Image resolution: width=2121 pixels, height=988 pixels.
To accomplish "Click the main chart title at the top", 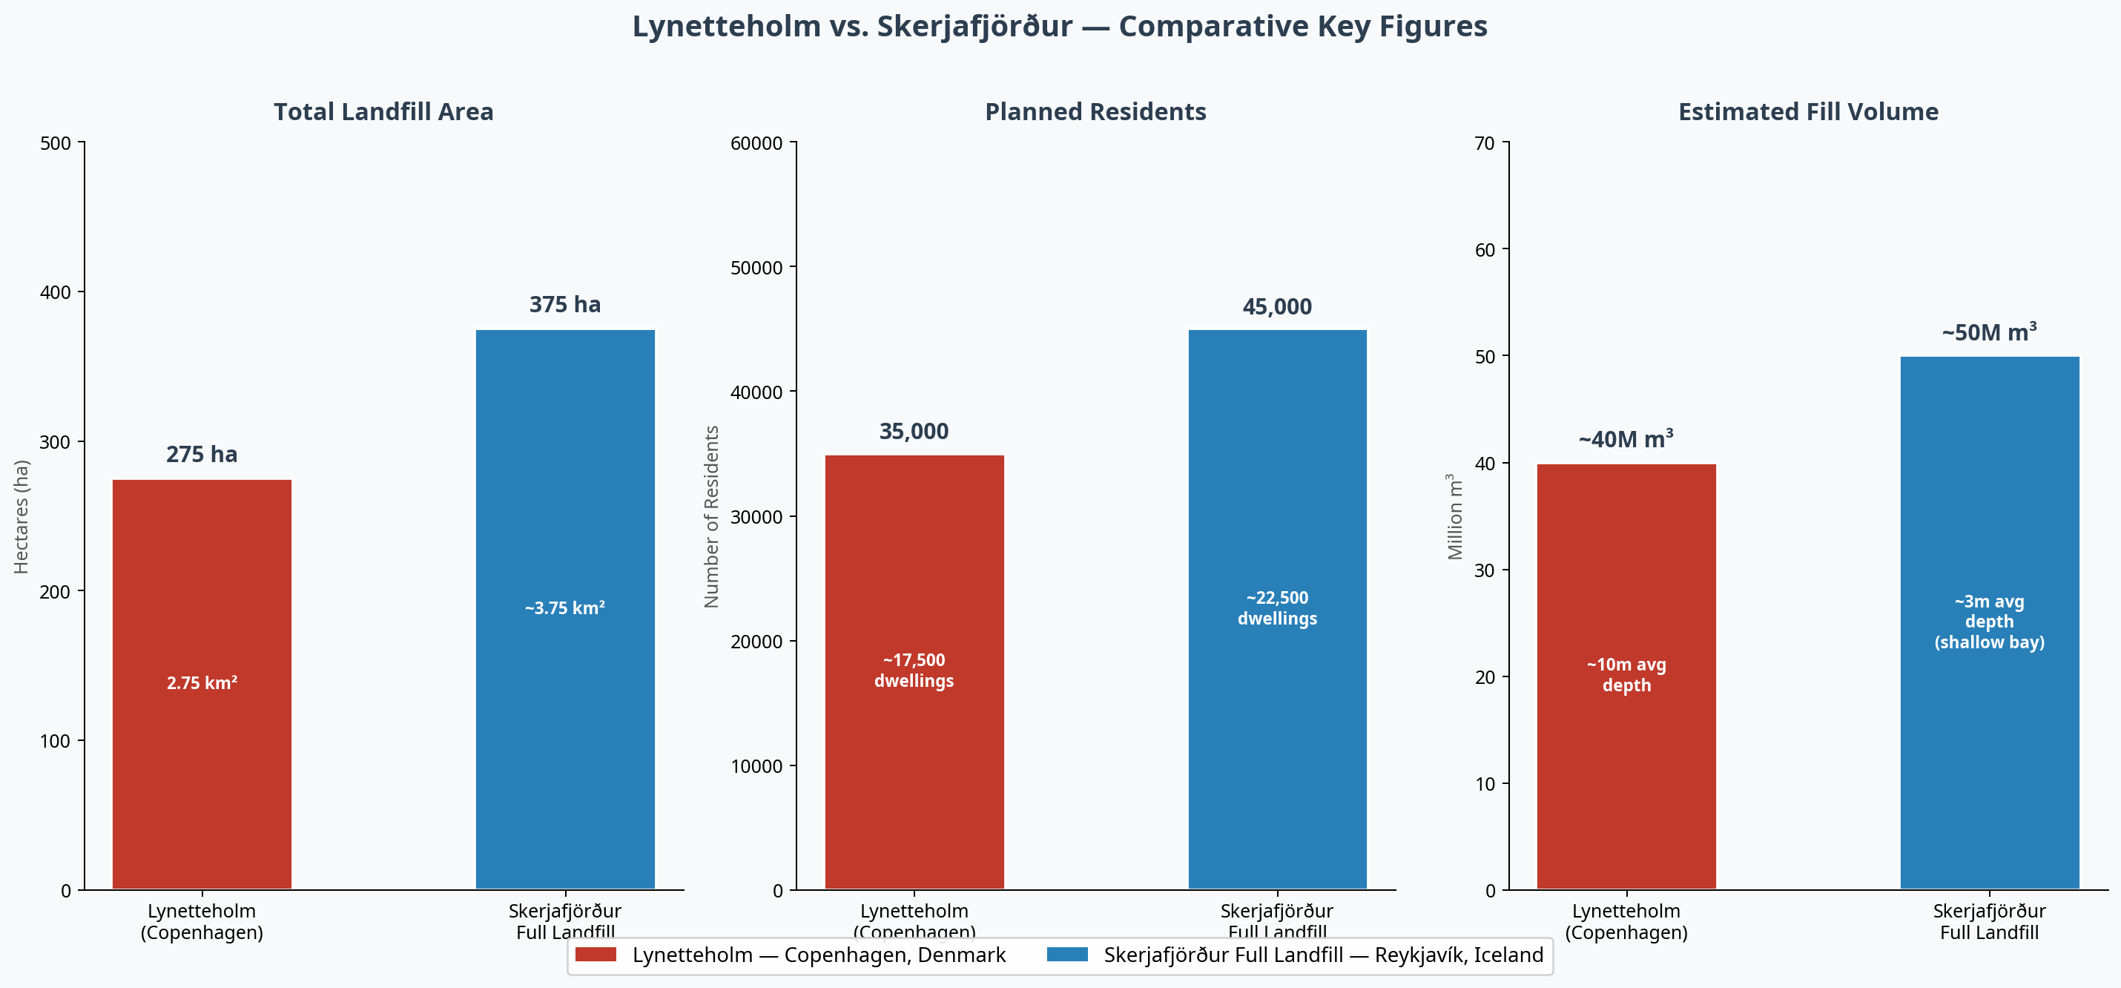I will tap(1060, 27).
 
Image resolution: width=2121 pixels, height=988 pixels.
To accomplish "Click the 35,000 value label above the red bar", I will tap(914, 432).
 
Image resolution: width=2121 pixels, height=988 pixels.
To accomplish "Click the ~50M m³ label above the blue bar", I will tap(1989, 332).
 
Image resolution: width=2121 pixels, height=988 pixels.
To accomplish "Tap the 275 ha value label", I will tap(202, 455).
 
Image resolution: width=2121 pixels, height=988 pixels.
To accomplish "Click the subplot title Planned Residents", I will tap(1095, 112).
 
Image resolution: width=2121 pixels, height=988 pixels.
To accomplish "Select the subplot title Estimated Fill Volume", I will tap(1808, 112).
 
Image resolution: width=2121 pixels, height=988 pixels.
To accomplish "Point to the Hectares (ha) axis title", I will tap(22, 516).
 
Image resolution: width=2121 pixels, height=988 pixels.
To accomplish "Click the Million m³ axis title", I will tap(1456, 516).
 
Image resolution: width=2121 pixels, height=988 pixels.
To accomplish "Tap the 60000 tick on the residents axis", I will tap(756, 143).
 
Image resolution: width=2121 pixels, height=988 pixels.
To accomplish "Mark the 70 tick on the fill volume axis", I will tap(1484, 143).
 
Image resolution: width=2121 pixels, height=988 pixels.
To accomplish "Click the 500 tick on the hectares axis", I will tap(55, 143).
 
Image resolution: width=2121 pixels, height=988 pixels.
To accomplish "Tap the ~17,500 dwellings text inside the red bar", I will tap(914, 671).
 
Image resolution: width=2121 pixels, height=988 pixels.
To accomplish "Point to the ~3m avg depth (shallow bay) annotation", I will tap(1989, 622).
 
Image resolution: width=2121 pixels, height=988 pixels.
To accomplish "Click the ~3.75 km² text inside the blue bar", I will tap(565, 608).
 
